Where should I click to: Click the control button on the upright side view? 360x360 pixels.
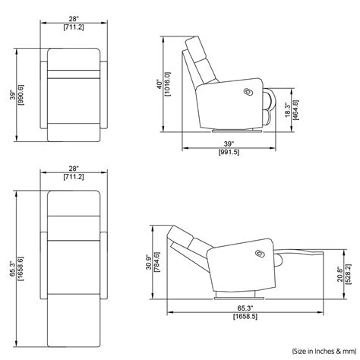click(248, 90)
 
